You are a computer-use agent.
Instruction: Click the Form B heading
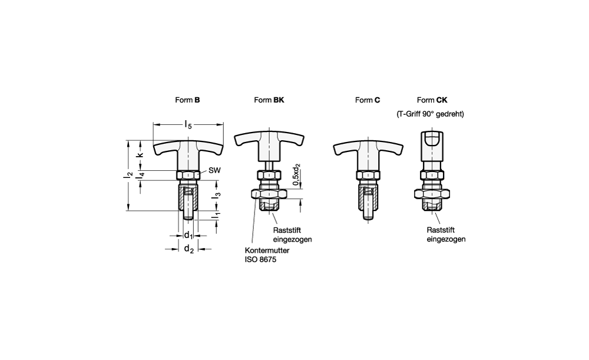(x=187, y=100)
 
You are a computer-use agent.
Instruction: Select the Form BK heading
(x=269, y=100)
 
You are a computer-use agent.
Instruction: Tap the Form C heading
(x=368, y=100)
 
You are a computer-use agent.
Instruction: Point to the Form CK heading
(x=432, y=100)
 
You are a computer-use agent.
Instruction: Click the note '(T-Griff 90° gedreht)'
(x=430, y=114)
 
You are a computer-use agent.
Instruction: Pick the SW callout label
(x=214, y=170)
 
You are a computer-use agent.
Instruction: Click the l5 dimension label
(x=188, y=124)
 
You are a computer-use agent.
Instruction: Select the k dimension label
(x=140, y=154)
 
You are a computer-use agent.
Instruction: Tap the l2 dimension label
(x=129, y=175)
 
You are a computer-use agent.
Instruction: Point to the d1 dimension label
(x=188, y=236)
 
